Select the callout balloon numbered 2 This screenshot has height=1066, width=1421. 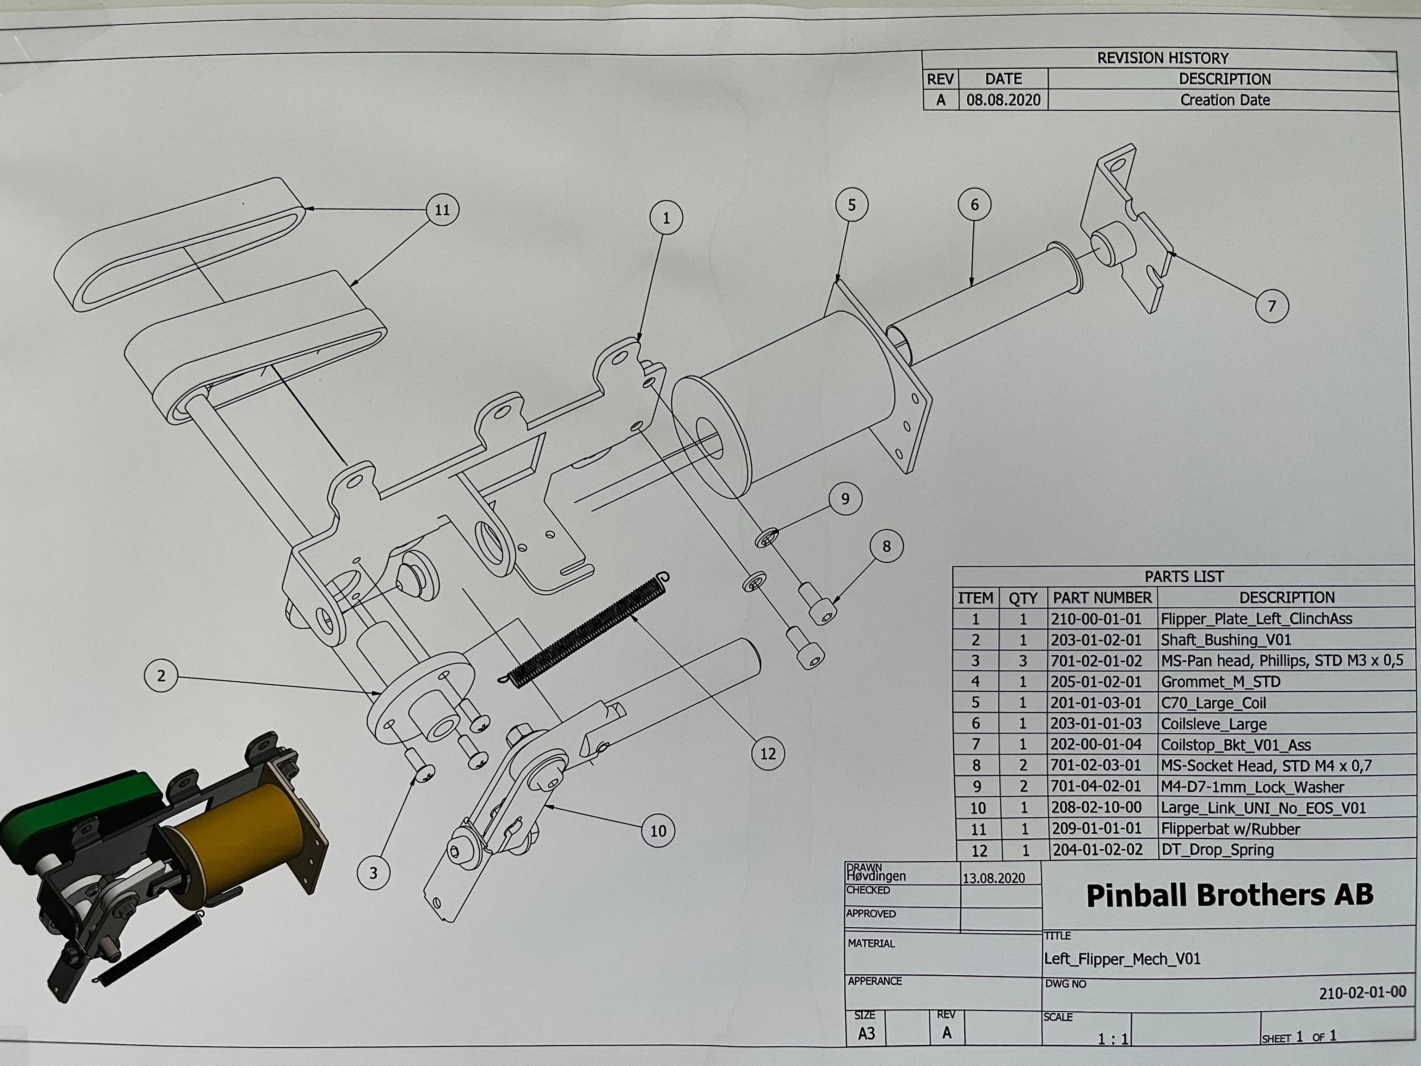click(x=161, y=675)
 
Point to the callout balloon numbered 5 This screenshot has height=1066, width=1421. click(x=852, y=205)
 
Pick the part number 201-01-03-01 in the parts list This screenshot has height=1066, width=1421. click(x=1096, y=702)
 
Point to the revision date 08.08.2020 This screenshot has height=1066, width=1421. click(x=1003, y=100)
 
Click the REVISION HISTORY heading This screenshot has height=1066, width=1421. click(x=1163, y=58)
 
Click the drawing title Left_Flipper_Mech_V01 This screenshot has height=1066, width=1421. click(x=1122, y=959)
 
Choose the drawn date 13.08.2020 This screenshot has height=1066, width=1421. click(x=994, y=878)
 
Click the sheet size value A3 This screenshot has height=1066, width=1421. click(x=867, y=1033)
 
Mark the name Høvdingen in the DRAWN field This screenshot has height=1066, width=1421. click(x=876, y=876)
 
